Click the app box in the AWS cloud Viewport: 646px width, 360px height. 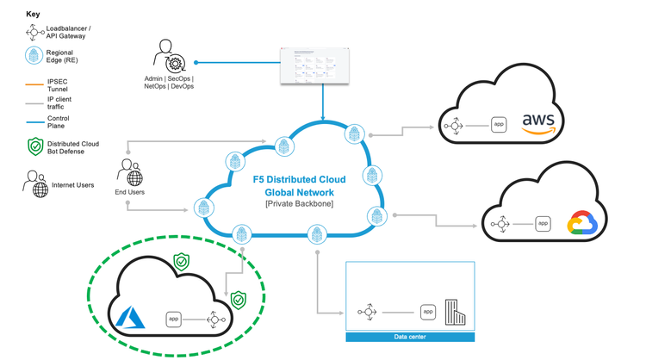pos(498,125)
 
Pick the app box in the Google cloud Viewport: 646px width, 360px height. pos(543,224)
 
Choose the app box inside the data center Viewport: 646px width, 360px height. pos(427,312)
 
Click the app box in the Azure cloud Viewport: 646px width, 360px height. pos(173,320)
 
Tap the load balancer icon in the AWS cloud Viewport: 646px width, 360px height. pos(453,126)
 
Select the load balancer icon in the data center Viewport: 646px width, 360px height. pos(369,311)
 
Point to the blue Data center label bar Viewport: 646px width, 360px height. pos(409,337)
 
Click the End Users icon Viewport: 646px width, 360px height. pos(130,171)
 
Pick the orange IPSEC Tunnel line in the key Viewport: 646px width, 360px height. pos(34,84)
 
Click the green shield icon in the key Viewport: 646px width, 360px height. pos(35,146)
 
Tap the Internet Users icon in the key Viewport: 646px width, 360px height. pos(36,184)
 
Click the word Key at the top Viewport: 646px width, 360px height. pos(33,15)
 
